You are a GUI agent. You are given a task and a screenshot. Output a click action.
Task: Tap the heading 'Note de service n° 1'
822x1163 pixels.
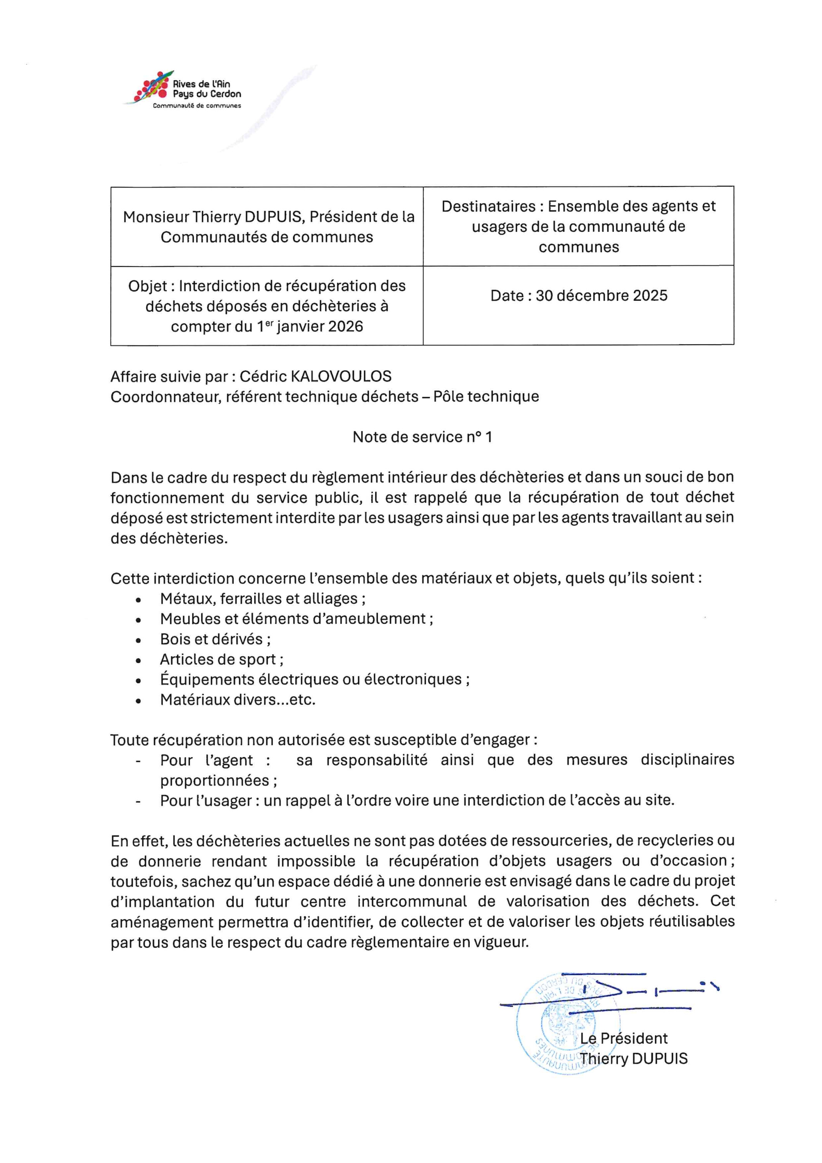coord(422,437)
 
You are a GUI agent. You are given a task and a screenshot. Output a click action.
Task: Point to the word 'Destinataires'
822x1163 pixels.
coord(488,207)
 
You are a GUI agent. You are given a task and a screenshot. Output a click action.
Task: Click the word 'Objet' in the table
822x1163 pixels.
coord(147,286)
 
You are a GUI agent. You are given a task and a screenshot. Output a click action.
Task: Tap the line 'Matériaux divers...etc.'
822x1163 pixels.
coord(238,700)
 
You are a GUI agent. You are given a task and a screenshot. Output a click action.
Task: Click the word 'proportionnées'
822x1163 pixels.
coord(215,781)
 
